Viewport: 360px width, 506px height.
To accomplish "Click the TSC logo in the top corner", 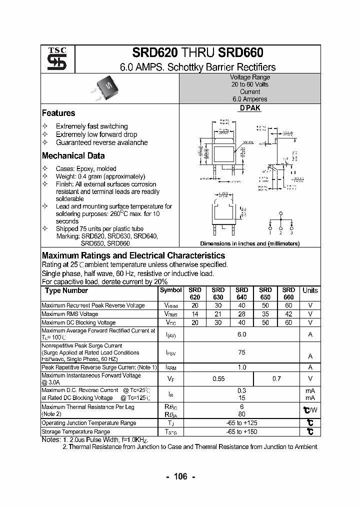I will pos(53,59).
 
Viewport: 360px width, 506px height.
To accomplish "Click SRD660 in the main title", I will pos(241,53).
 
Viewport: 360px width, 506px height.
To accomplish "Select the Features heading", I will pos(58,113).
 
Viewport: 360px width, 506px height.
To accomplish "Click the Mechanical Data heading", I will pos(73,155).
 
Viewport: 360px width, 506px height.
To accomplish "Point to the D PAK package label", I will pos(249,108).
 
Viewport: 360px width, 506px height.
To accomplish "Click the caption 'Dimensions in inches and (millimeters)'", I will pos(249,243).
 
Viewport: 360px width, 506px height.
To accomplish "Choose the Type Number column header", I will pos(66,290).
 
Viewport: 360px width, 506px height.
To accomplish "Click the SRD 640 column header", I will pos(241,293).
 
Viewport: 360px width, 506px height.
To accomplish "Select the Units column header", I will pos(310,290).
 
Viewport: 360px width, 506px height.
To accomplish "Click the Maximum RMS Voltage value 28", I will pos(241,314).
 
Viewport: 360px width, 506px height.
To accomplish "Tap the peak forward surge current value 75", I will pos(241,352).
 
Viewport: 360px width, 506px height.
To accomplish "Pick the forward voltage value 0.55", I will pos(218,379).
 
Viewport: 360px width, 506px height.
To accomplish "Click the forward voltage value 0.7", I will pos(276,379).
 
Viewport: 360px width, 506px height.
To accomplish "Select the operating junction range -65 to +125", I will pos(241,423).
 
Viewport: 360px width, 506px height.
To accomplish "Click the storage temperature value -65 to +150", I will pos(241,431).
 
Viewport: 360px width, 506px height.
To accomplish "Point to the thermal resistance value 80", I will pos(241,414).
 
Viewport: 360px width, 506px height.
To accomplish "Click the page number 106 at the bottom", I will pos(180,476).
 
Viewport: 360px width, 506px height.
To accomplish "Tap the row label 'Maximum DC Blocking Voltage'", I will pos(78,322).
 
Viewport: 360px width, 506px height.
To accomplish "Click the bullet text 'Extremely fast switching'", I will pos(91,126).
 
